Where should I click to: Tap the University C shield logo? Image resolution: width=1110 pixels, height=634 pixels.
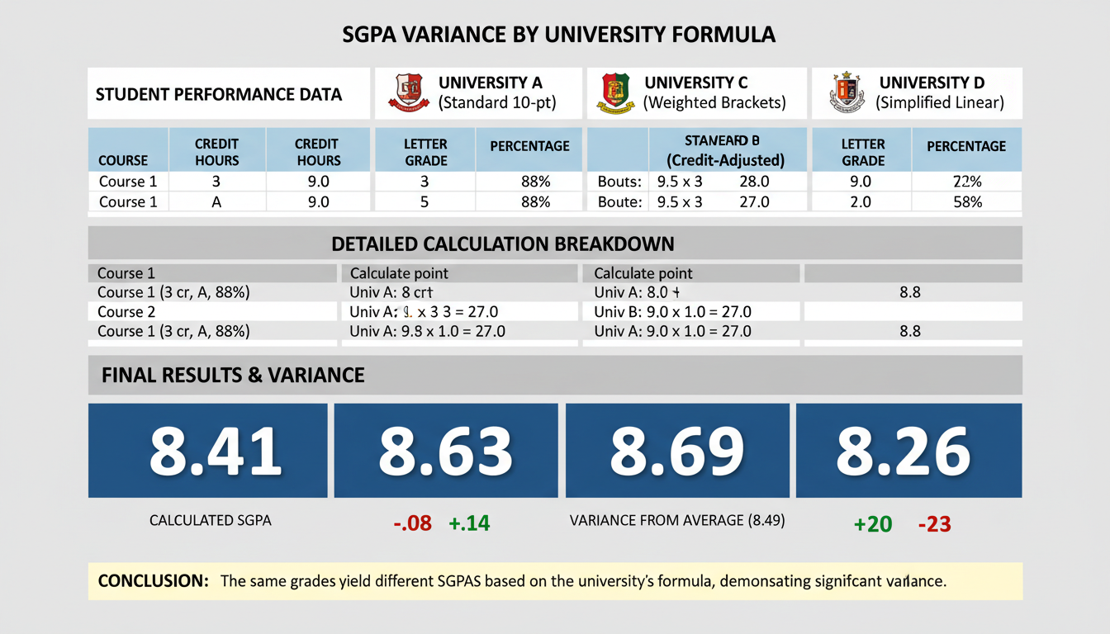(x=614, y=93)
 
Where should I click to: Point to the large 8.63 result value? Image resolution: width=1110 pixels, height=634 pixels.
(x=445, y=451)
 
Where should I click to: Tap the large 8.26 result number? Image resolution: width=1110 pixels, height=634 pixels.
(x=903, y=451)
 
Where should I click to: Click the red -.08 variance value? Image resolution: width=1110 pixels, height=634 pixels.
(x=413, y=523)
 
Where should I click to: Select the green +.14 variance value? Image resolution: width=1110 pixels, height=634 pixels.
(x=468, y=523)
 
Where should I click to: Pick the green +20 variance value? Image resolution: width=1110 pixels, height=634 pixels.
(x=872, y=523)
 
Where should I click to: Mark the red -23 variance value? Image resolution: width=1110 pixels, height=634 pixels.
(x=934, y=523)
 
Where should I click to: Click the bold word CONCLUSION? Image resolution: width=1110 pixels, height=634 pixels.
(x=153, y=581)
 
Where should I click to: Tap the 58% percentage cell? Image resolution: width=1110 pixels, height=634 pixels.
(x=966, y=201)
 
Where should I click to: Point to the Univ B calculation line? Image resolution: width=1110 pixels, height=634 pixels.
(x=672, y=312)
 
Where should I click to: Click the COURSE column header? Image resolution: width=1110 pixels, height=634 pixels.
(x=123, y=160)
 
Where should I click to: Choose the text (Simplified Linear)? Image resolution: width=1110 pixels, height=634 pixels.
(x=940, y=103)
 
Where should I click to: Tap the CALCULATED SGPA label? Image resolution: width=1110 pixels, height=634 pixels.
(x=210, y=521)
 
